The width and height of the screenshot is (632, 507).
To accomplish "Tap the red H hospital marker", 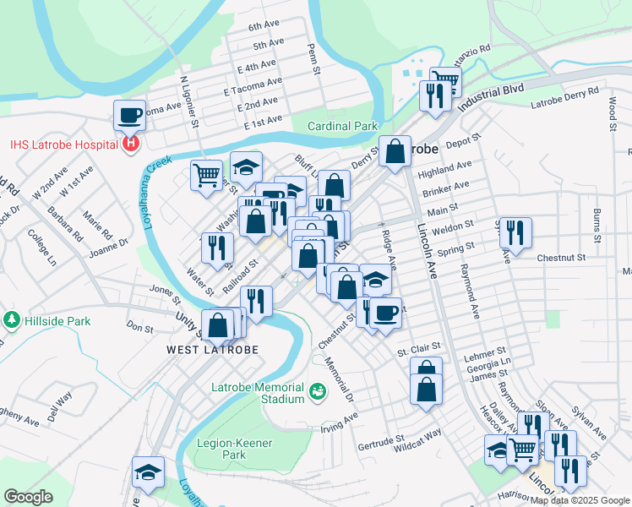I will point(130,144).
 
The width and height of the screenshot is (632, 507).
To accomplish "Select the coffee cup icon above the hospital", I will point(130,113).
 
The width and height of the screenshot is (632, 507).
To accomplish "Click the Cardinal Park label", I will point(341,126).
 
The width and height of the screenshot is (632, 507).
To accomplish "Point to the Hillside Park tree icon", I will point(12,319).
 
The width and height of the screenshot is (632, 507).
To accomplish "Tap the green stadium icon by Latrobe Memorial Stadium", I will point(318,390).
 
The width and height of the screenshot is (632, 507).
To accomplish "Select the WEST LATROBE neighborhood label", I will point(212,349).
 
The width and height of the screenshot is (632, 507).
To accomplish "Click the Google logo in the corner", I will point(28,497).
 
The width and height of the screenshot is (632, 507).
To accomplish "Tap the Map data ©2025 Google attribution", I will point(580,500).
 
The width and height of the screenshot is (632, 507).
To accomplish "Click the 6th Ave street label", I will point(263,27).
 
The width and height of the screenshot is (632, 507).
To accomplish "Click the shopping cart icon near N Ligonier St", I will point(206,176).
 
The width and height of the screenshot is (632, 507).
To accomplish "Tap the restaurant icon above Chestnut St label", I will point(515,232).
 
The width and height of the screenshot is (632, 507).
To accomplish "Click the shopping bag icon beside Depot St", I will point(395,151).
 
